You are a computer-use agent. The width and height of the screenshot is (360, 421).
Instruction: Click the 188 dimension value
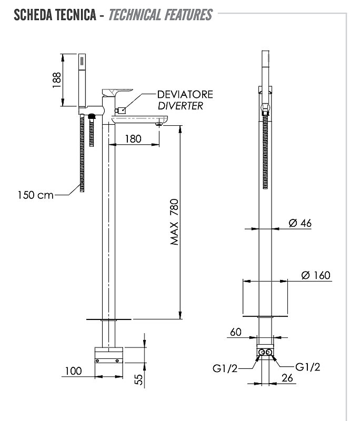(57, 80)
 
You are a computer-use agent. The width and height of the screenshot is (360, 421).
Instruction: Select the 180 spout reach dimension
(133, 139)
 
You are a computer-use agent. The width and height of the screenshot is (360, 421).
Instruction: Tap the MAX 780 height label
(175, 222)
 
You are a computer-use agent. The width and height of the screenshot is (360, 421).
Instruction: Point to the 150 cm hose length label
(36, 195)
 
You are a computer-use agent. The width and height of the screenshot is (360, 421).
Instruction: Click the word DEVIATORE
(185, 95)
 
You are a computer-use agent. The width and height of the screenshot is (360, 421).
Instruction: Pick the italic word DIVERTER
(181, 106)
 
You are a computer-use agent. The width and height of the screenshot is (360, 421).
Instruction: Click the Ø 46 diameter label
(300, 223)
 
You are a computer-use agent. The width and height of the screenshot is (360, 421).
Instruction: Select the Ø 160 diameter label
(316, 275)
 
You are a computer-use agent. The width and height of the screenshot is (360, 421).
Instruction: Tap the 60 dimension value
(236, 332)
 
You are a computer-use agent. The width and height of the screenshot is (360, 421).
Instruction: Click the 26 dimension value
(287, 378)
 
